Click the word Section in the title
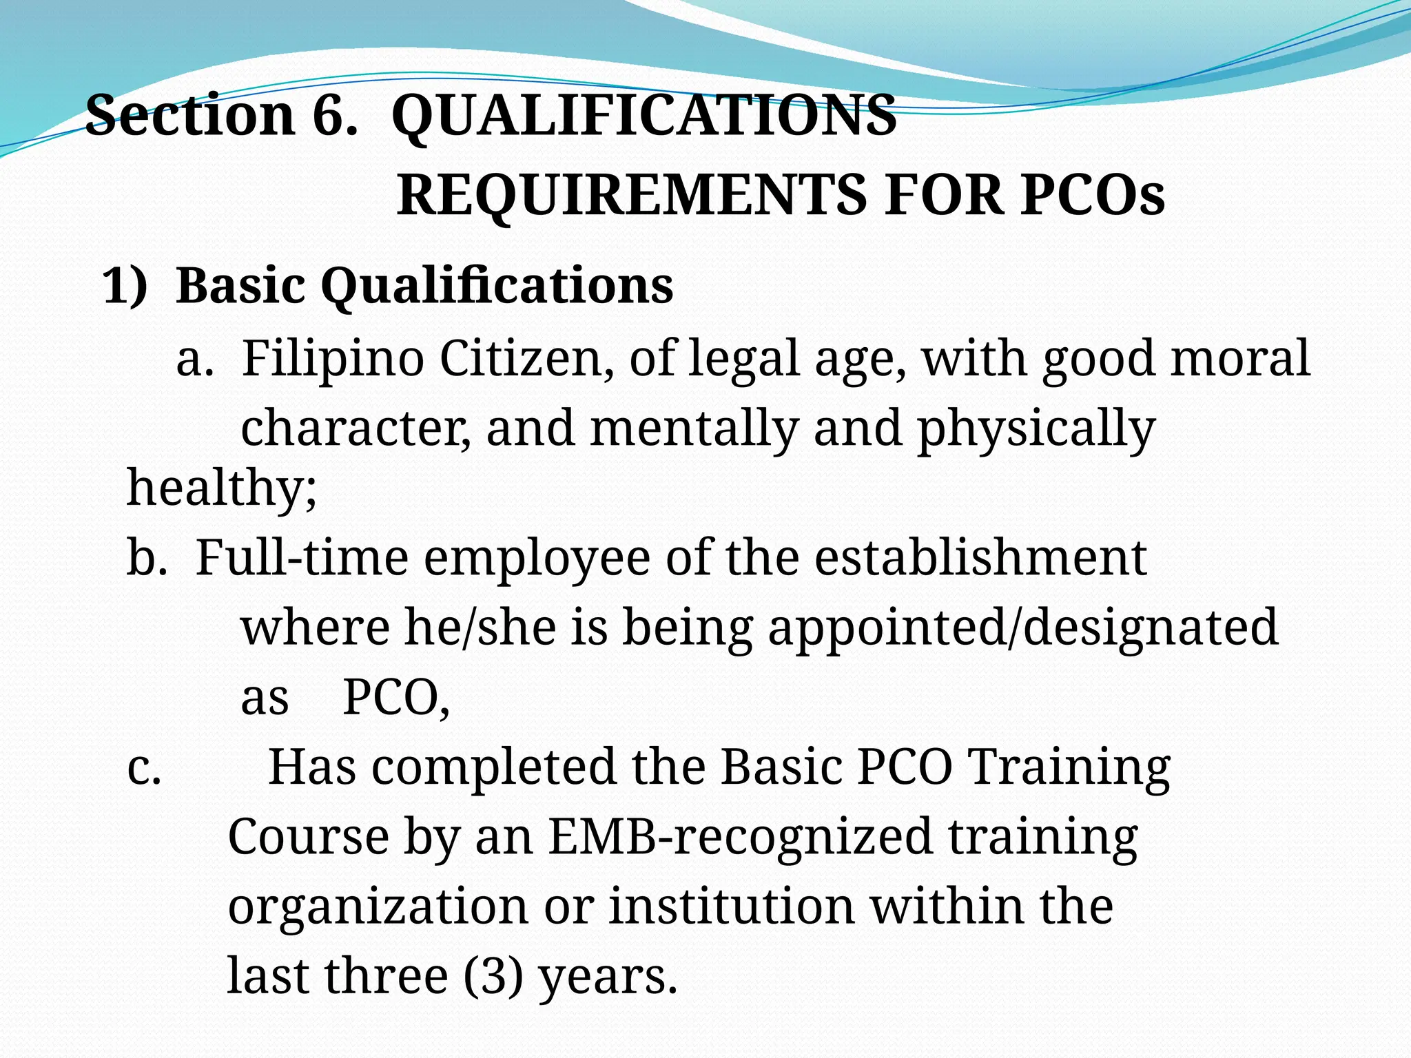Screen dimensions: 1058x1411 click(x=189, y=115)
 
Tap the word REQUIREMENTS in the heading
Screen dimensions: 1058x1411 click(x=631, y=196)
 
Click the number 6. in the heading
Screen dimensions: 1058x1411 click(x=335, y=115)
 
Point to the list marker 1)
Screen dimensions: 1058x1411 click(x=125, y=285)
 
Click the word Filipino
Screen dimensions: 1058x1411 click(x=332, y=359)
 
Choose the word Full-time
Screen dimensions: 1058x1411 click(x=302, y=558)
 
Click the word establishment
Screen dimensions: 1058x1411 click(x=980, y=558)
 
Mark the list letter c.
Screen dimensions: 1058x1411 click(x=144, y=767)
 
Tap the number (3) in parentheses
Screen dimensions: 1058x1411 click(x=493, y=977)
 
